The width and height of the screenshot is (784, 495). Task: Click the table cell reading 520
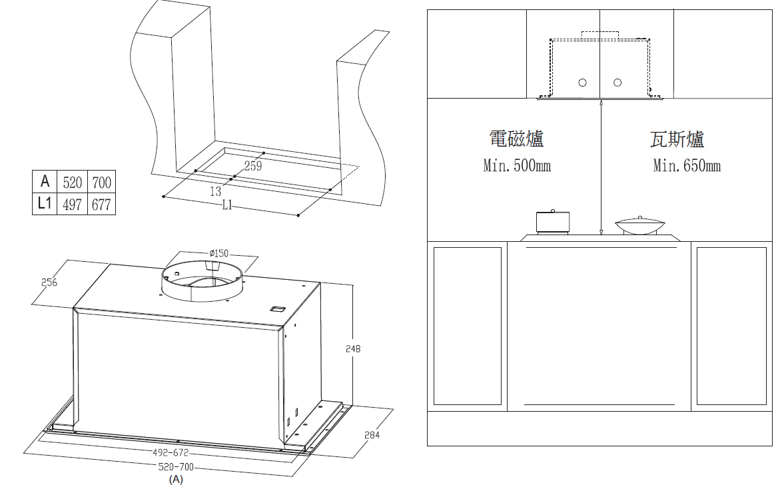point(72,182)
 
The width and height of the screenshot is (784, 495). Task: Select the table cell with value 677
point(101,205)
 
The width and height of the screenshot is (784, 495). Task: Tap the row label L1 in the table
point(45,203)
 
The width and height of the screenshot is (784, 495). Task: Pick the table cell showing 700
point(101,182)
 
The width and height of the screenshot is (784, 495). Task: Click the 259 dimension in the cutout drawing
point(253,166)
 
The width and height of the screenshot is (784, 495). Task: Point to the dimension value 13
point(216,191)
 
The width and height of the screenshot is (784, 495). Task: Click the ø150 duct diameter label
point(219,254)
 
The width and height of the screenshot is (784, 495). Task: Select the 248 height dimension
point(353,348)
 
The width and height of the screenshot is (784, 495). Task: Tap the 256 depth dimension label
point(49,282)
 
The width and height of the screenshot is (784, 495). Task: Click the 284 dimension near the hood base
point(372,435)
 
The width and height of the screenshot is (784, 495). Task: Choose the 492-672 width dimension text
point(171,453)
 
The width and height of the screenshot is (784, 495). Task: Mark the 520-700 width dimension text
point(175,468)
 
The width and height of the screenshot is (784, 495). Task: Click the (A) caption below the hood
point(176,480)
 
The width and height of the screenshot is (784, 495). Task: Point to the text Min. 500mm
point(517,165)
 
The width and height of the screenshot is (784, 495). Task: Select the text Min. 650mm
point(687,165)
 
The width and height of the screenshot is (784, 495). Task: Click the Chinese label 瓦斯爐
point(677,139)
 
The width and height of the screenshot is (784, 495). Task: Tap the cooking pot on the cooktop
point(552,222)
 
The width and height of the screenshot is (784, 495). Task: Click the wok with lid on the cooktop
point(640,225)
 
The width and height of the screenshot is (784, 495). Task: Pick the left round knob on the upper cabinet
point(582,83)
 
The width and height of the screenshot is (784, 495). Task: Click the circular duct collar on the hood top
point(202,282)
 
